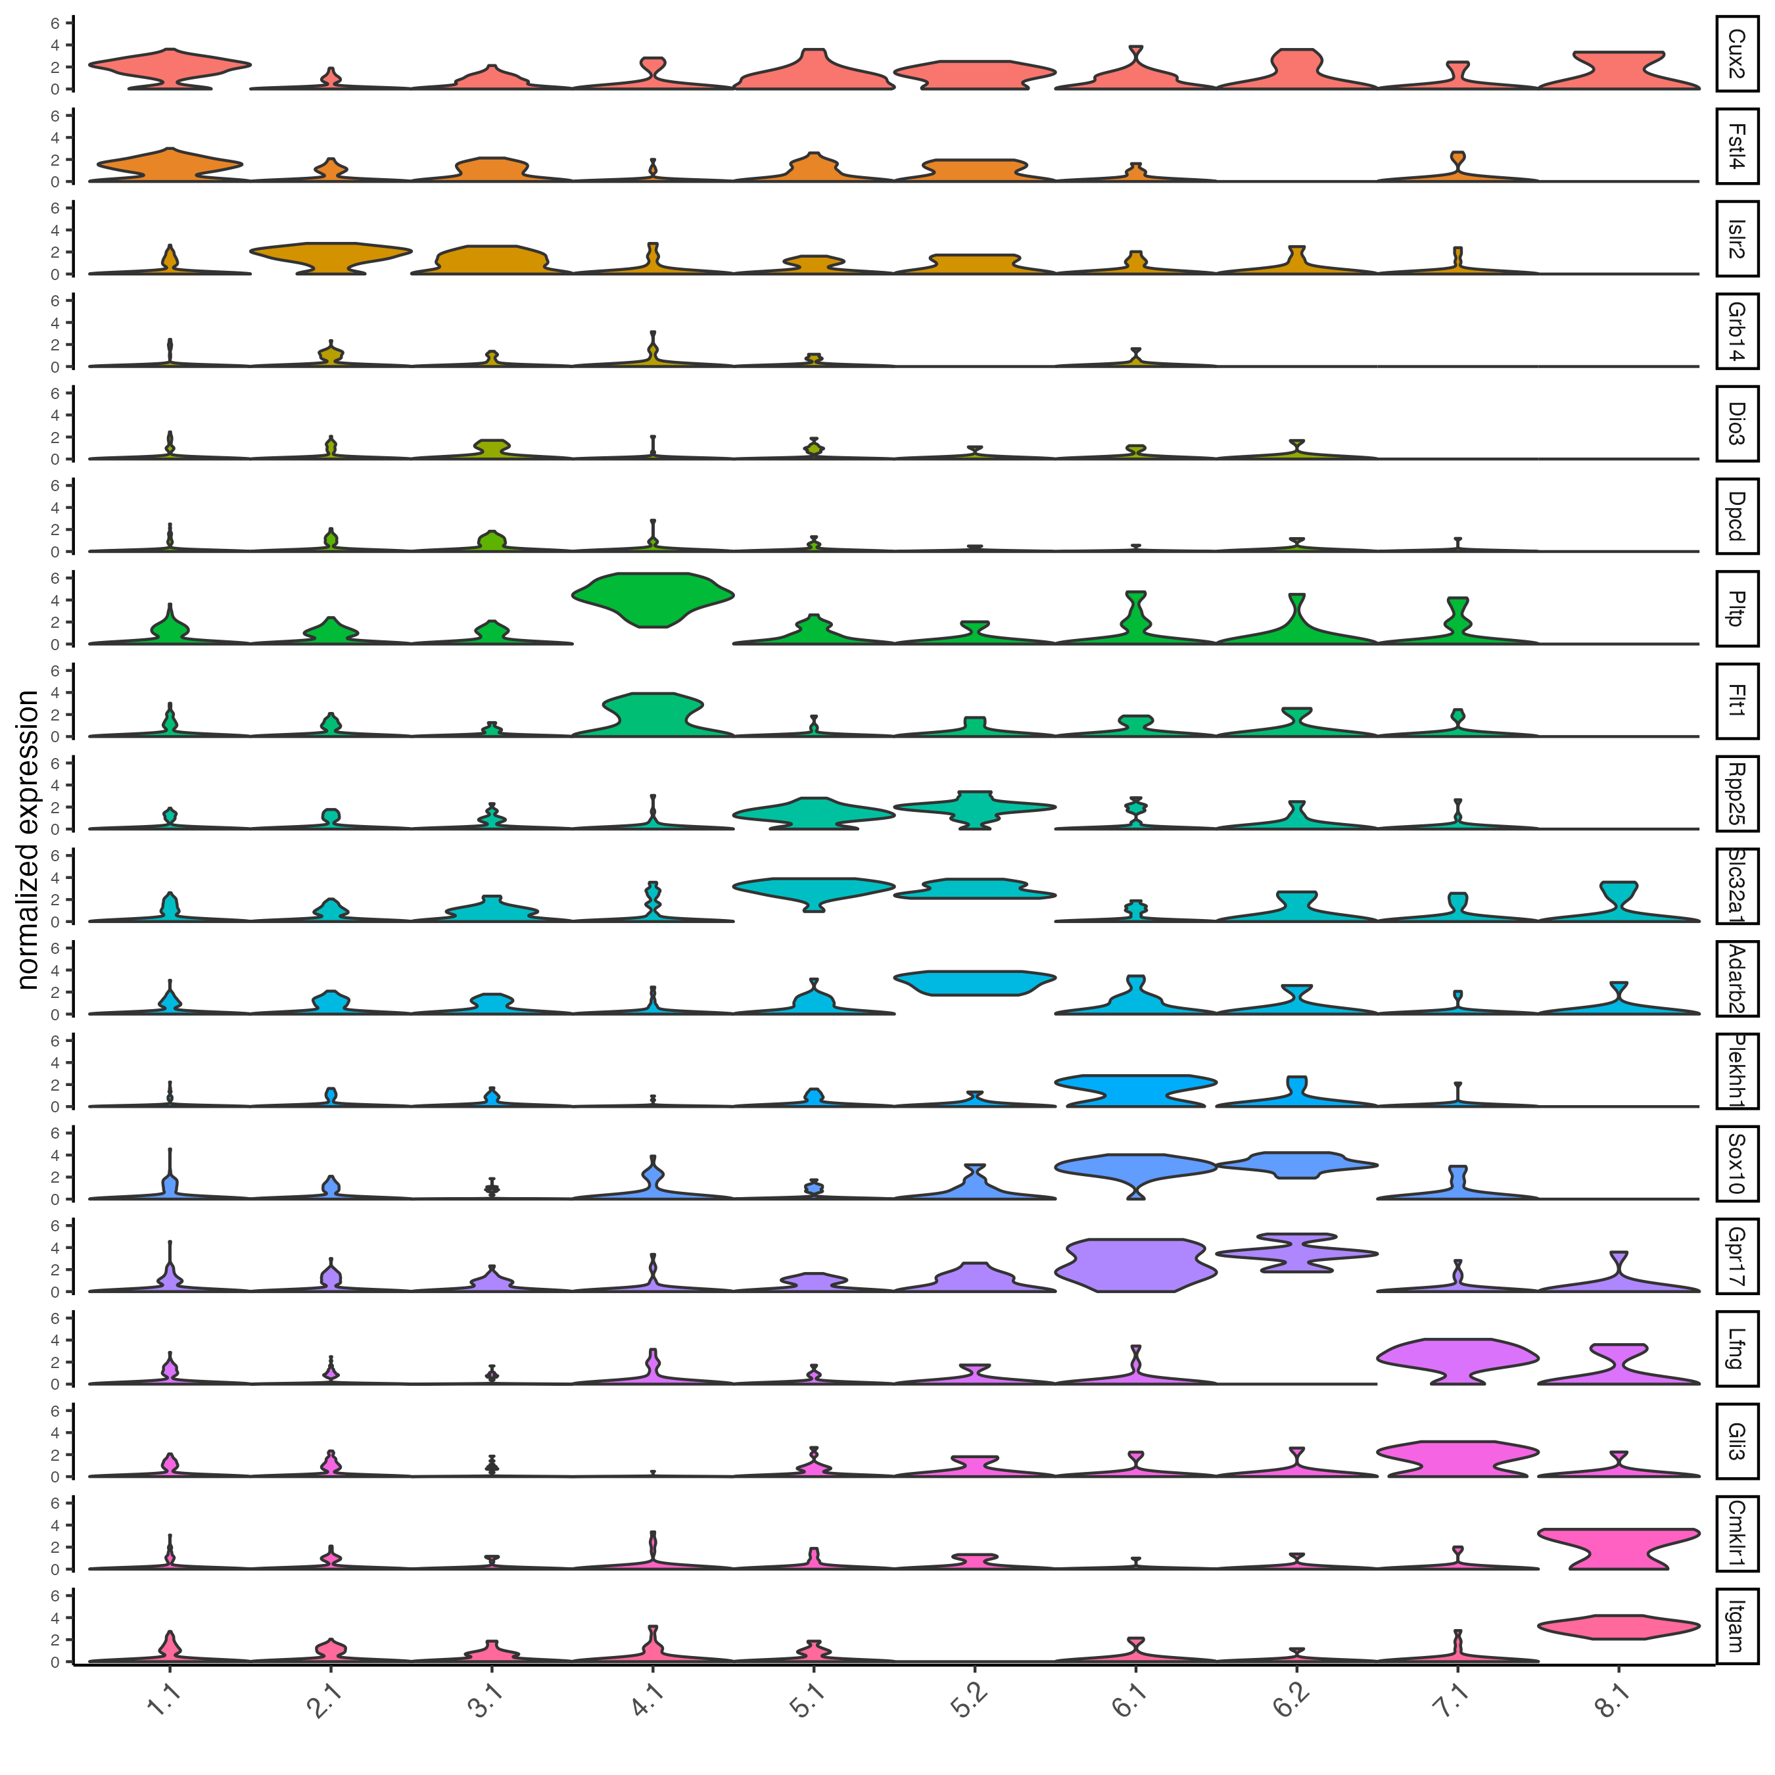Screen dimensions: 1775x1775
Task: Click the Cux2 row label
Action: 1736,53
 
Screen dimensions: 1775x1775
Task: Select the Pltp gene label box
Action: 1736,608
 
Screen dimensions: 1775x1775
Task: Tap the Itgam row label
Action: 1736,1626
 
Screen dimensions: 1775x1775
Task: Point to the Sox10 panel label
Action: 1736,1163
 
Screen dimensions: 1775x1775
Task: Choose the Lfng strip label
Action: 1736,1348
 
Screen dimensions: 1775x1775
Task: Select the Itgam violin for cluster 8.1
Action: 1619,1627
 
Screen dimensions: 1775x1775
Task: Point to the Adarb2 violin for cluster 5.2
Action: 975,982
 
